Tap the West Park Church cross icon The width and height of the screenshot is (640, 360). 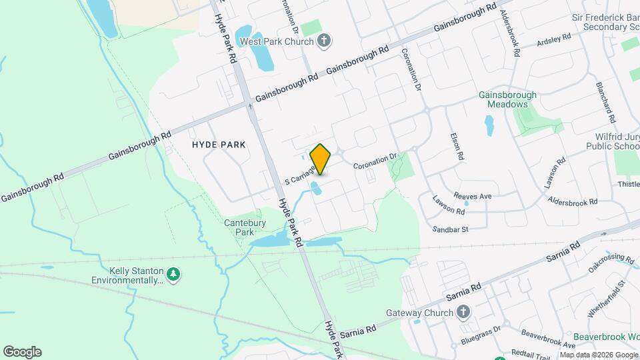coord(323,41)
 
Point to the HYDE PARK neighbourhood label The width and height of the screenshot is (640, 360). coord(219,144)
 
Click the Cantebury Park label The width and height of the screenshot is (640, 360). coord(240,227)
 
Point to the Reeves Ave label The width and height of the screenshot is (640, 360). coord(472,196)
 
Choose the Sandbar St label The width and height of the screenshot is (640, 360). coord(451,229)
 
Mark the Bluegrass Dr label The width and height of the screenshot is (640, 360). coord(481,336)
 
